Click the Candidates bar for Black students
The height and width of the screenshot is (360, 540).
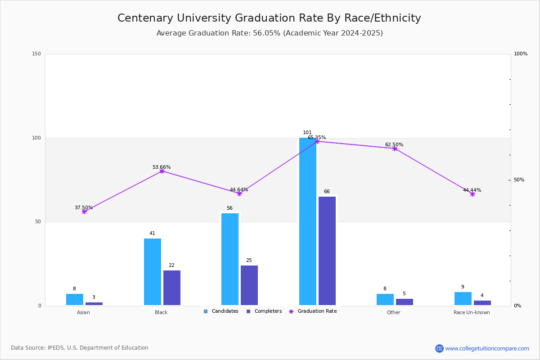pyautogui.click(x=153, y=272)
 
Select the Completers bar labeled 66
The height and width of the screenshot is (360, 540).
pyautogui.click(x=327, y=251)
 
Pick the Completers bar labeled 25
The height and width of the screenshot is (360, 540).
pyautogui.click(x=249, y=285)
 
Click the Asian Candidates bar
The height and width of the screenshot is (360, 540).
pyautogui.click(x=75, y=300)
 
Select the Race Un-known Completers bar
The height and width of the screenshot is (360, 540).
pyautogui.click(x=482, y=303)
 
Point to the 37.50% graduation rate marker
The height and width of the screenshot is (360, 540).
pyautogui.click(x=84, y=211)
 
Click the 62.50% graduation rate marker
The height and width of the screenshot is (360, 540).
pyautogui.click(x=395, y=148)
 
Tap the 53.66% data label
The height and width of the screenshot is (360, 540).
pyautogui.click(x=162, y=167)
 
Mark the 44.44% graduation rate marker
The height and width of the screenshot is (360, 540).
pyautogui.click(x=472, y=194)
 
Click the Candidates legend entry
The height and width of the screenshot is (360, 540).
pyautogui.click(x=221, y=311)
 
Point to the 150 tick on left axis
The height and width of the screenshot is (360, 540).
pyautogui.click(x=36, y=54)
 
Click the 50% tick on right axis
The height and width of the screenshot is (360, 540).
pyautogui.click(x=519, y=180)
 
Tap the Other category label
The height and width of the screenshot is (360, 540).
pyautogui.click(x=393, y=312)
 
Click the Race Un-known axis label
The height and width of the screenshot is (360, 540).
pyautogui.click(x=472, y=312)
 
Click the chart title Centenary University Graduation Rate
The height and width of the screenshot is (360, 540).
pyautogui.click(x=269, y=18)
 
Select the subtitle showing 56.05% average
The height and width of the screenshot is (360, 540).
pyautogui.click(x=269, y=33)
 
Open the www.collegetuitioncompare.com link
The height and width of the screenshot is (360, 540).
pyautogui.click(x=487, y=348)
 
